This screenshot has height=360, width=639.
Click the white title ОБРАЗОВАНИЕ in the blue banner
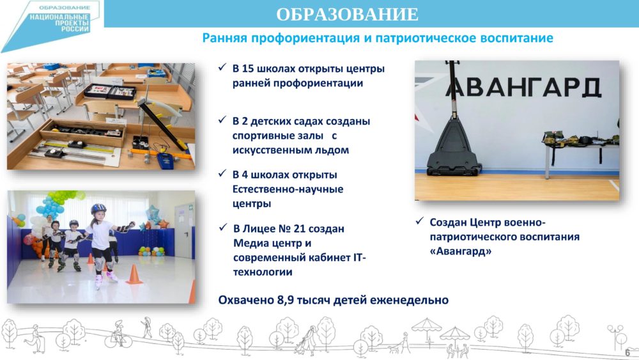point(347,14)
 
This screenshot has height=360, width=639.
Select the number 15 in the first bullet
point(248,68)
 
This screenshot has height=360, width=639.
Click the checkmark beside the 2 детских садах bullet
point(222,120)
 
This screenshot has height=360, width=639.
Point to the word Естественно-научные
point(288,189)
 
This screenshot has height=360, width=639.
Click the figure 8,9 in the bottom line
point(285,301)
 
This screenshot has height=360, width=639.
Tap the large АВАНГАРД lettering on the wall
point(524,86)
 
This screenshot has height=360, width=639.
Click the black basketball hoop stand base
point(453,151)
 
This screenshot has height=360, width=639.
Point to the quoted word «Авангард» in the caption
point(461,251)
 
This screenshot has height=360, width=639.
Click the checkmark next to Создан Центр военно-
point(420,221)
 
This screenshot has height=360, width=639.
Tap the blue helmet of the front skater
point(98,208)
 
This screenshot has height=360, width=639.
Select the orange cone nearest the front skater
point(134,274)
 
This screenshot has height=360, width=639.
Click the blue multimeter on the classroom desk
point(166,160)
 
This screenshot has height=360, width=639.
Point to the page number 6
point(627,353)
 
